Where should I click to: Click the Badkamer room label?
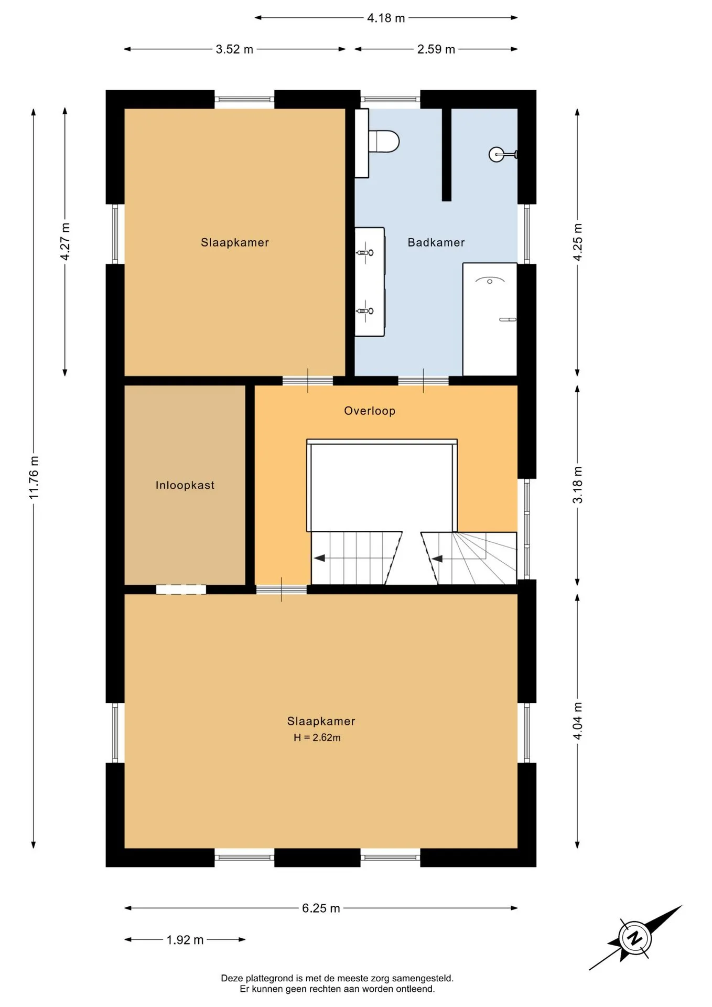(x=436, y=242)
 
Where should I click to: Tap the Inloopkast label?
(x=185, y=485)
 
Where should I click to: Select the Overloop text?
(x=370, y=411)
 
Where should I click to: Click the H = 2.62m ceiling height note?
(x=317, y=737)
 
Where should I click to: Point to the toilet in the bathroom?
(x=384, y=141)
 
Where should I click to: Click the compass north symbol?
(x=635, y=938)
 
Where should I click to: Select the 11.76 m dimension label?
(x=34, y=477)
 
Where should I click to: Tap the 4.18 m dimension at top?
(x=386, y=18)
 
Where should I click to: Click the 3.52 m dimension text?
(x=234, y=49)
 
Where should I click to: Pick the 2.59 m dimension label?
(x=436, y=49)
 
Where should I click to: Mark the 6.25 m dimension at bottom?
(x=321, y=908)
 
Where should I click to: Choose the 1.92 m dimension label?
(x=185, y=939)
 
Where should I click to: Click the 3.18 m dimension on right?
(x=577, y=485)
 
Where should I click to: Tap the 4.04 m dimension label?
(x=577, y=721)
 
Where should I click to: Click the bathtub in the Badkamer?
(x=490, y=319)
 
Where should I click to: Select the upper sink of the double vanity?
(x=365, y=253)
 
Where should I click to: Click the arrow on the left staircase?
(x=319, y=558)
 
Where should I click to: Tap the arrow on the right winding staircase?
(x=437, y=559)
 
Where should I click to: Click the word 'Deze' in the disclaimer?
(x=231, y=978)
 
